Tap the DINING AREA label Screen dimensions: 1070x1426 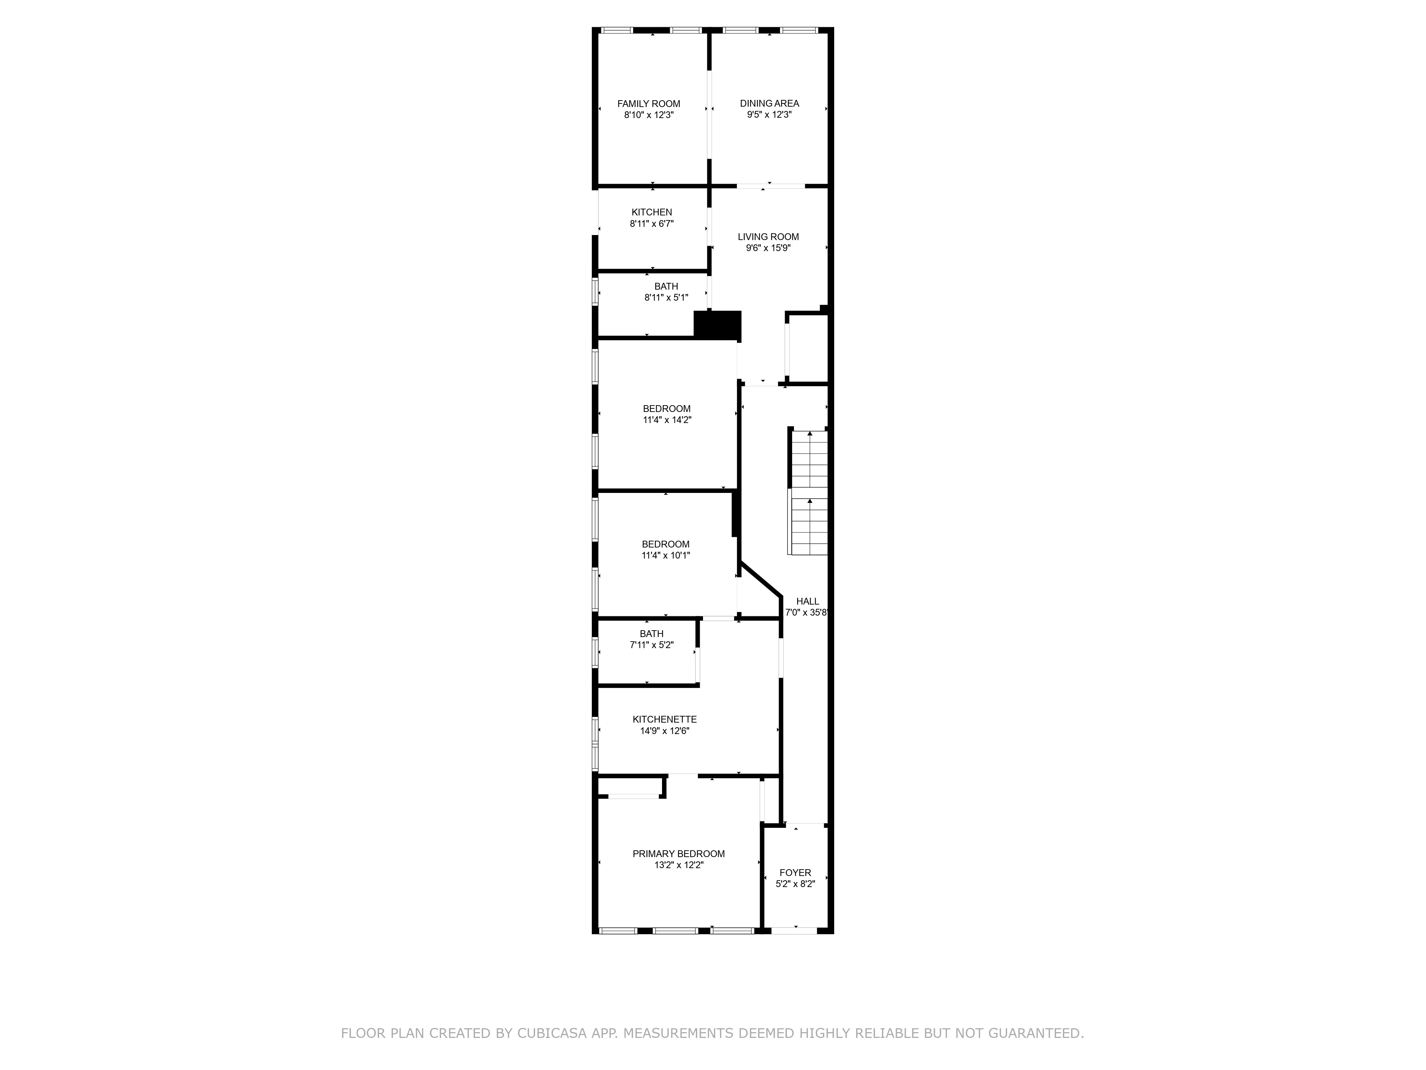[769, 103]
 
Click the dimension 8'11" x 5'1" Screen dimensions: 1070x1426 [666, 298]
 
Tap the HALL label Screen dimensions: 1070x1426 [807, 601]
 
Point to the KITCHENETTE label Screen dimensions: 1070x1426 [665, 719]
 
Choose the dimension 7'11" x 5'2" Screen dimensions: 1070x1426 [651, 645]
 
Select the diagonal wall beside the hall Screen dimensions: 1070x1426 [761, 579]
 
